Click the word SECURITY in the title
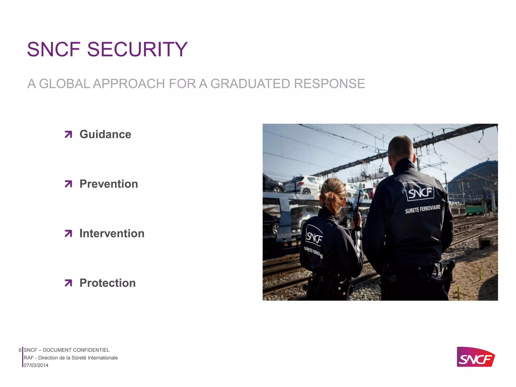pos(137,49)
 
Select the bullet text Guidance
pos(105,134)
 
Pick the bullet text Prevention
pos(109,184)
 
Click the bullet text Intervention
pos(112,233)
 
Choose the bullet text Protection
pos(108,283)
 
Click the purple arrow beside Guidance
pos(68,134)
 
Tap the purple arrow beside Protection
pos(68,283)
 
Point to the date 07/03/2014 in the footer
pos(36,365)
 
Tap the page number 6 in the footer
pos(20,350)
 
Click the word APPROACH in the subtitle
pos(128,84)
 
